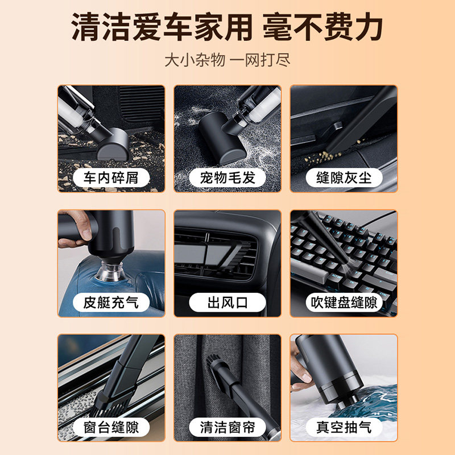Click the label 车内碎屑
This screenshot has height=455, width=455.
click(111, 177)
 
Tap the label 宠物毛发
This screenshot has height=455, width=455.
click(227, 177)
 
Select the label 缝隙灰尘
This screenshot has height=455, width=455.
click(344, 177)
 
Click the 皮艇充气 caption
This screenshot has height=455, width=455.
click(111, 303)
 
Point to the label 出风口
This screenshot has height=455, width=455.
click(227, 303)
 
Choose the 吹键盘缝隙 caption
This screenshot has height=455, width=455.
click(344, 303)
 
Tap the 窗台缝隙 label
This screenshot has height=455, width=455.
click(111, 427)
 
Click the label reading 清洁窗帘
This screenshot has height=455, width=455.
click(227, 427)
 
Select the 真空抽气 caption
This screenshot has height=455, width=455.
click(344, 427)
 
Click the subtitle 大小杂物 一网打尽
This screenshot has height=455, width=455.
click(227, 60)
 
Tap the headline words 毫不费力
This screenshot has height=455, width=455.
click(322, 27)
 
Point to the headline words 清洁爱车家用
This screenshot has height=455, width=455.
click(162, 27)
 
